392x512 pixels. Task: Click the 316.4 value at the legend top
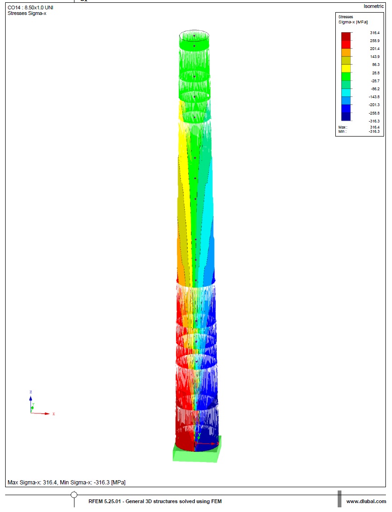point(375,33)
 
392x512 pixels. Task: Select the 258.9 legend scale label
point(375,41)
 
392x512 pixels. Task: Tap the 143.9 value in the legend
point(375,57)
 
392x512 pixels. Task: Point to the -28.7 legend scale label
point(375,81)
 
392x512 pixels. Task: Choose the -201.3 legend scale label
point(374,105)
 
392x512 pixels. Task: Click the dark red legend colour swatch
point(346,36)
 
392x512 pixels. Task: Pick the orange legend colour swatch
point(346,52)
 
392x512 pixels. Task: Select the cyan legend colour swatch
point(346,93)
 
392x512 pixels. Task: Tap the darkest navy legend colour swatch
point(346,116)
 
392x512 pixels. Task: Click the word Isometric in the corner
point(374,6)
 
